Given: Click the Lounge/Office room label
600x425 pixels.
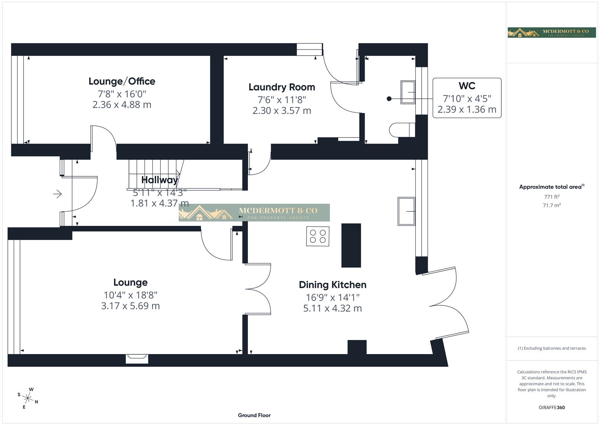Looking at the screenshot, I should coord(122,81).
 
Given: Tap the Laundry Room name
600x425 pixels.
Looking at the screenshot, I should coord(282,87).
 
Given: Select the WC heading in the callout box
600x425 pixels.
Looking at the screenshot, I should coord(466,86).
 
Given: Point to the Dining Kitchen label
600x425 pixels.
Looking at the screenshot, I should coord(332,285).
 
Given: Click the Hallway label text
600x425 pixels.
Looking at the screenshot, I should coord(159,180).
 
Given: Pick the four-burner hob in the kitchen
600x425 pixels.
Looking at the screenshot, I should coord(317,236).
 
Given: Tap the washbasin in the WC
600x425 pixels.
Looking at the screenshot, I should coord(407,92).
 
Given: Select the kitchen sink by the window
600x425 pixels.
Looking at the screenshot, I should coord(406,211).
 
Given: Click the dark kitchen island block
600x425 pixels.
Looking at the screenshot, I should coord(351,245).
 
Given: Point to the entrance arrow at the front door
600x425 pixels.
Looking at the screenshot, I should coord(57,194).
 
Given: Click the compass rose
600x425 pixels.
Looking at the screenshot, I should coord(28,398).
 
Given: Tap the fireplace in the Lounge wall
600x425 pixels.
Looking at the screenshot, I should coord(137,358).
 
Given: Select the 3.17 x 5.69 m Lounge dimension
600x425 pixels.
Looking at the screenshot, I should coord(130,306).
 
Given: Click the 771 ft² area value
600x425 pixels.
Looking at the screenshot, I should coord(551,197).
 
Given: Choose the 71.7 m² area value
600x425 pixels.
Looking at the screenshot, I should coord(551,205).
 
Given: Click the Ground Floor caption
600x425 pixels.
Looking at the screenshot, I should coord(254,415).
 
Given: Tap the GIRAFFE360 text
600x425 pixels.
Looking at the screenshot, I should coord(551,408).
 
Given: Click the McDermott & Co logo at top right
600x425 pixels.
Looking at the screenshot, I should coord(551,32).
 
